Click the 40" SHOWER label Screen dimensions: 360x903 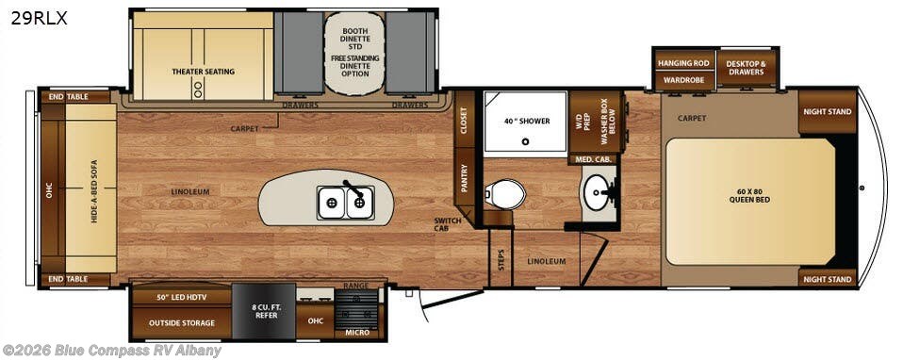(x=525, y=121)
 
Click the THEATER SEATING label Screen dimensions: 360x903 (x=203, y=72)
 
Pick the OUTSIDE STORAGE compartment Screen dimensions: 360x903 (x=182, y=322)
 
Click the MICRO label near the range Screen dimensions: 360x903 (x=357, y=333)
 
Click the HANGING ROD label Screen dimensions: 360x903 (x=683, y=63)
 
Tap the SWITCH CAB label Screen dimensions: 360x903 (x=447, y=226)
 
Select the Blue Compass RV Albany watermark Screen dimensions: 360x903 (x=112, y=351)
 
